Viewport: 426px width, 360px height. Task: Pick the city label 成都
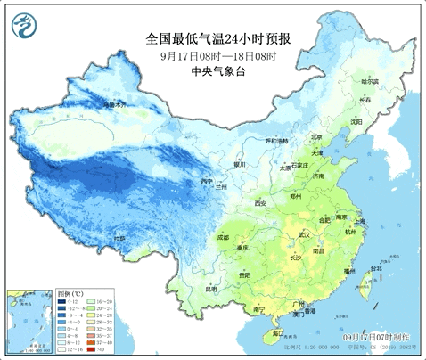[221, 238]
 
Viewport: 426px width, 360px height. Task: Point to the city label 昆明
[211, 289]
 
